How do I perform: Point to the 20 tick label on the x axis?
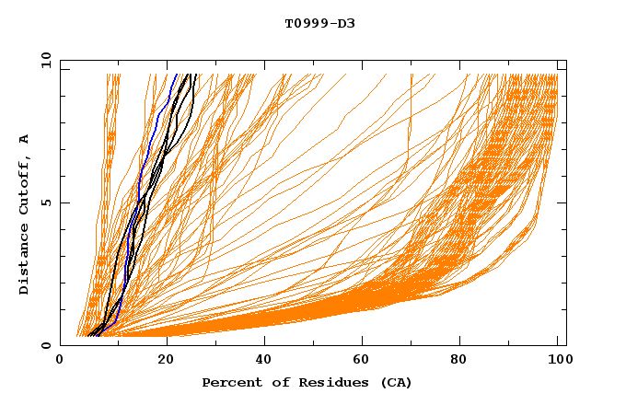[x=164, y=361]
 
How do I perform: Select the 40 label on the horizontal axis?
[x=264, y=361]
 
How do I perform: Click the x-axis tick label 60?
[x=364, y=361]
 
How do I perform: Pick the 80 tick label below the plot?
[x=463, y=361]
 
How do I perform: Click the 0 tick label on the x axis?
[x=61, y=361]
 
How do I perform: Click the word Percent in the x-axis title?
[x=228, y=382]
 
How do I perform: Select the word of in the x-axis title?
[x=272, y=382]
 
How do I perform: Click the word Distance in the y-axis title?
[x=25, y=261]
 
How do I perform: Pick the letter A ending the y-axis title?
[x=25, y=139]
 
